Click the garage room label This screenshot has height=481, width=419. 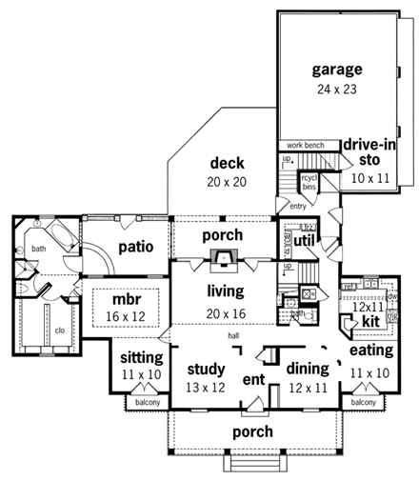tap(337, 70)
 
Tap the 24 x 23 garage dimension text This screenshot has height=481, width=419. tap(337, 90)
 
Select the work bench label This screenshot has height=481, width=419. tap(302, 145)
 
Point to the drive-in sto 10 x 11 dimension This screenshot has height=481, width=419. tap(364, 177)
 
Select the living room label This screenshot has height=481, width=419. tap(226, 290)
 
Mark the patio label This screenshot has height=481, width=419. tap(136, 247)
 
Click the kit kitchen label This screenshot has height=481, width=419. tap(370, 324)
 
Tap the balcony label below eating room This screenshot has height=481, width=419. tap(364, 402)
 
